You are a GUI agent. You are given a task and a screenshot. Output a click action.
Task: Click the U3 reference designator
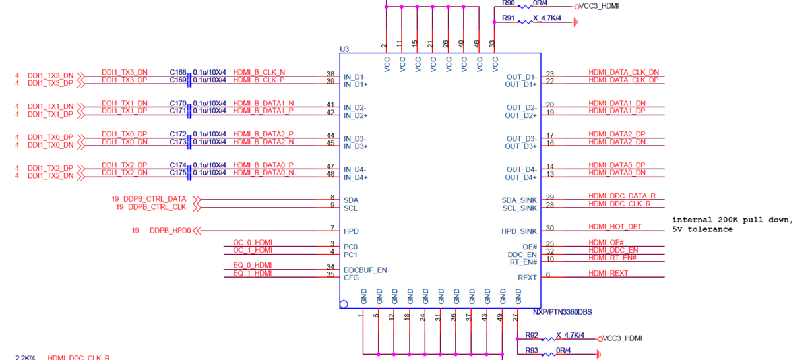[x=344, y=49]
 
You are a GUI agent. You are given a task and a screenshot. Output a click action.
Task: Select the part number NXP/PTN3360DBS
[x=562, y=312]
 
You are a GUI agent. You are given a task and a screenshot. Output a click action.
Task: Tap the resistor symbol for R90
[x=525, y=7]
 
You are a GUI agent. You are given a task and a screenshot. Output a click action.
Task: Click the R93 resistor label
[x=532, y=350]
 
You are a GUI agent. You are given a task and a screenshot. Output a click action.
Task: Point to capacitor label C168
[x=178, y=73]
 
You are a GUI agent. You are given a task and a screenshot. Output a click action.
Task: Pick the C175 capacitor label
[x=178, y=173]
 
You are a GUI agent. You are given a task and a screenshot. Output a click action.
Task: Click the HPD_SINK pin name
[x=519, y=231]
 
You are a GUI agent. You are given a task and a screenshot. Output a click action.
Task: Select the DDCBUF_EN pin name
[x=365, y=270]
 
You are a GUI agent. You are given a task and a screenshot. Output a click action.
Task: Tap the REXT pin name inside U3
[x=527, y=278]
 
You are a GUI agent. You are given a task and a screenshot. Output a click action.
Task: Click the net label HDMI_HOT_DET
[x=615, y=227]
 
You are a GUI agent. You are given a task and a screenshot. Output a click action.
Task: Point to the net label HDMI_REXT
[x=608, y=273]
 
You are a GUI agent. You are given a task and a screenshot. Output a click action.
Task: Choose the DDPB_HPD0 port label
[x=170, y=231]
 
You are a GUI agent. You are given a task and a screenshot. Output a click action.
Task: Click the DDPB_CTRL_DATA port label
[x=155, y=199]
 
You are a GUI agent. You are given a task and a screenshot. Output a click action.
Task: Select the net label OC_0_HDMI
[x=253, y=243]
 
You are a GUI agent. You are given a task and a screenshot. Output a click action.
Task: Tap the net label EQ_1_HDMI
[x=253, y=273]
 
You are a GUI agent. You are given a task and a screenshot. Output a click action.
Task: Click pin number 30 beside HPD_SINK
[x=550, y=228]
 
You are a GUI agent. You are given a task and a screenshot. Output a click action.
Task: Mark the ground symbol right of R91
[x=575, y=22]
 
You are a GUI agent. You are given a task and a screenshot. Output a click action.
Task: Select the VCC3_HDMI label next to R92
[x=622, y=338]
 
